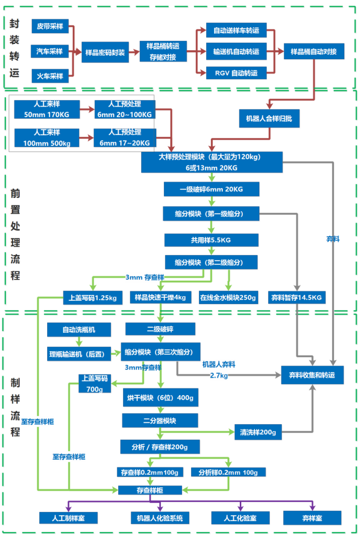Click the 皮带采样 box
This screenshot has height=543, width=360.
pos(50,27)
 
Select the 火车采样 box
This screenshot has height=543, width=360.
pos(50,76)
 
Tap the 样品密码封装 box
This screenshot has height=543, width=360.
pos(105,52)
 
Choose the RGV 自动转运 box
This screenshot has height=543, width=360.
pos(236,73)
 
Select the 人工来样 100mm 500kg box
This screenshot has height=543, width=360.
pos(47,138)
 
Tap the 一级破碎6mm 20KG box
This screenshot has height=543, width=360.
pos(211,189)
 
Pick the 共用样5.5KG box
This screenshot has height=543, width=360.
pos(211,240)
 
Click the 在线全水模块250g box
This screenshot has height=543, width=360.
pos(228,298)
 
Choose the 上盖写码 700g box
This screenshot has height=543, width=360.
pos(95,383)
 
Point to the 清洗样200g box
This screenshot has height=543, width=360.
pos(258,432)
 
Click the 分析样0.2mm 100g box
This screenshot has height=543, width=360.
pos(228,472)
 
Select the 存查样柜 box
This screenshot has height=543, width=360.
pos(150,489)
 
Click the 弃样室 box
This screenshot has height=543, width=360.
pos(312,518)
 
